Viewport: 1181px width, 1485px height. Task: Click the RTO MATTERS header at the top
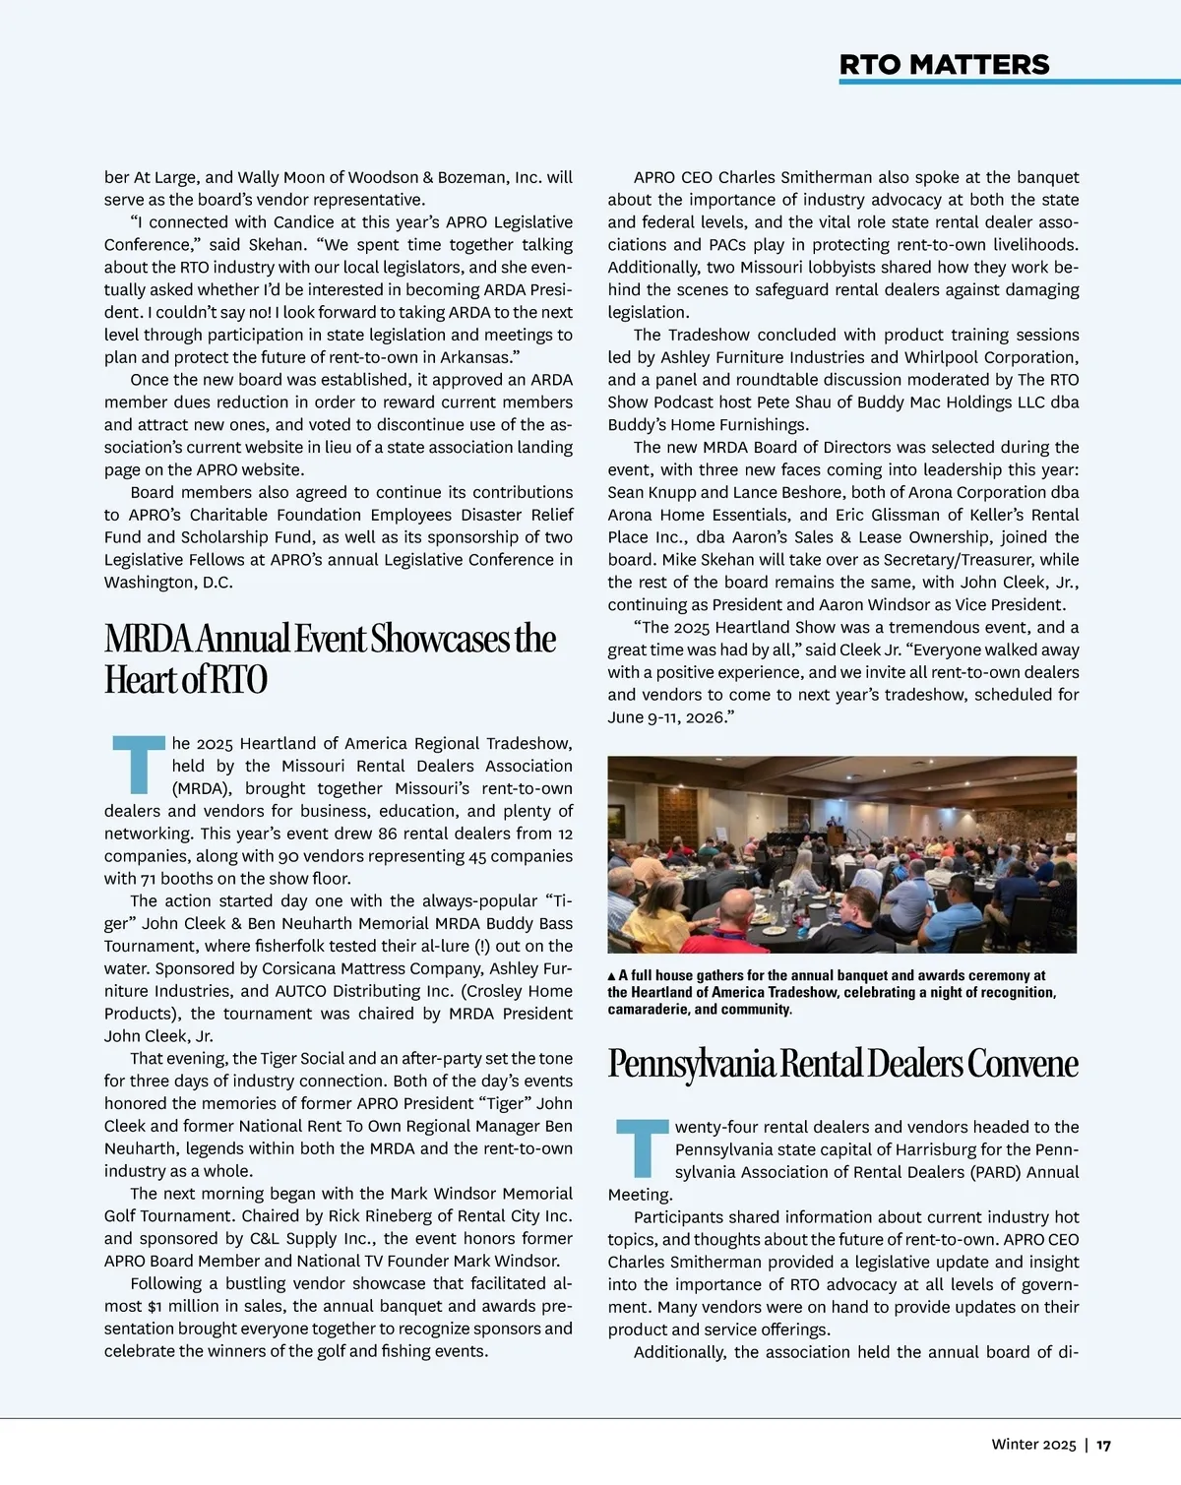pos(944,65)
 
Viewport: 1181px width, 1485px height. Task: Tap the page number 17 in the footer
pos(1103,1445)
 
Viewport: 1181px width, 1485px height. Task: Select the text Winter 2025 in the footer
pos(1033,1445)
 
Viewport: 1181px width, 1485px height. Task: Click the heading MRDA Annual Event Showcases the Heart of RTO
pos(330,658)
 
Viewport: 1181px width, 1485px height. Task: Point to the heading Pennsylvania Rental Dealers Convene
pos(842,1063)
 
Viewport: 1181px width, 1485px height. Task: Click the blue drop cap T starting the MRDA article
pos(136,765)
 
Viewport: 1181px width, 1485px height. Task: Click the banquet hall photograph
pos(841,854)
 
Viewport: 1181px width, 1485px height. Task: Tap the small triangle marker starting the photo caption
pos(611,976)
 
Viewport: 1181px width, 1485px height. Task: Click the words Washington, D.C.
pos(168,583)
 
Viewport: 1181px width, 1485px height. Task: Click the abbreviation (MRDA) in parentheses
pos(204,788)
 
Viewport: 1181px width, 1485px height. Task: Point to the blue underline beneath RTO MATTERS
pos(1009,82)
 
